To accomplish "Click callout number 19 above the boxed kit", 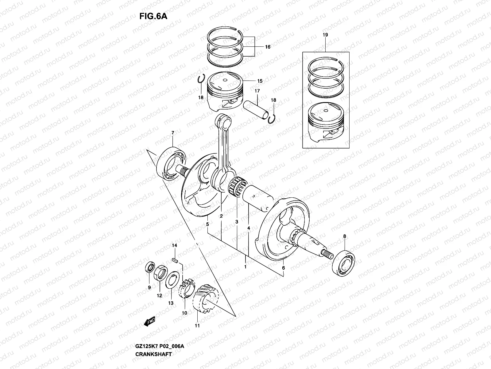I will (325, 35).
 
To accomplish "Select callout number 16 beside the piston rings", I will (268, 47).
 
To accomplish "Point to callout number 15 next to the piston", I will (260, 81).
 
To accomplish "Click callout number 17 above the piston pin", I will (257, 91).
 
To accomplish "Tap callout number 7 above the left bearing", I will (173, 133).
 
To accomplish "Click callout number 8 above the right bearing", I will (345, 236).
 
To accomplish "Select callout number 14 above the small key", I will (175, 245).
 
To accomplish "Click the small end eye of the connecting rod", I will (224, 121).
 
